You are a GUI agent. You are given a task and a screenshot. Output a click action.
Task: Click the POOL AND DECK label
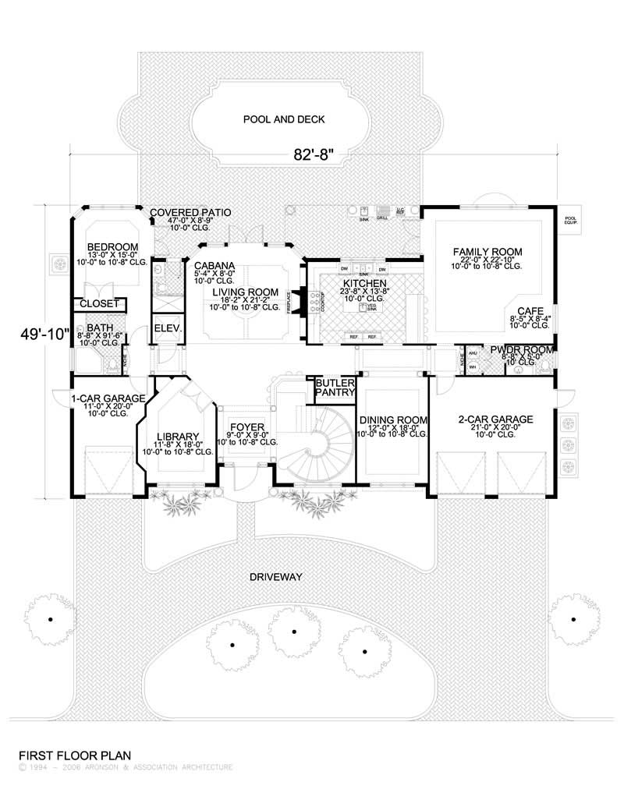283,119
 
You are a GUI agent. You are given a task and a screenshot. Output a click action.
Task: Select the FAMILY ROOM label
487,251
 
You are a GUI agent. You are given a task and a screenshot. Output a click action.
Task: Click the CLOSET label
101,303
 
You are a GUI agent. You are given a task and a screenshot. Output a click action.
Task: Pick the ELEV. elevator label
167,328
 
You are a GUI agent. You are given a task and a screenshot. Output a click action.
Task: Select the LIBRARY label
178,437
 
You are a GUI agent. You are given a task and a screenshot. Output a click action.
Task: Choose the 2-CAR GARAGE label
495,419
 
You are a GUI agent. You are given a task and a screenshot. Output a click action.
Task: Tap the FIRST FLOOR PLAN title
74,755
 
